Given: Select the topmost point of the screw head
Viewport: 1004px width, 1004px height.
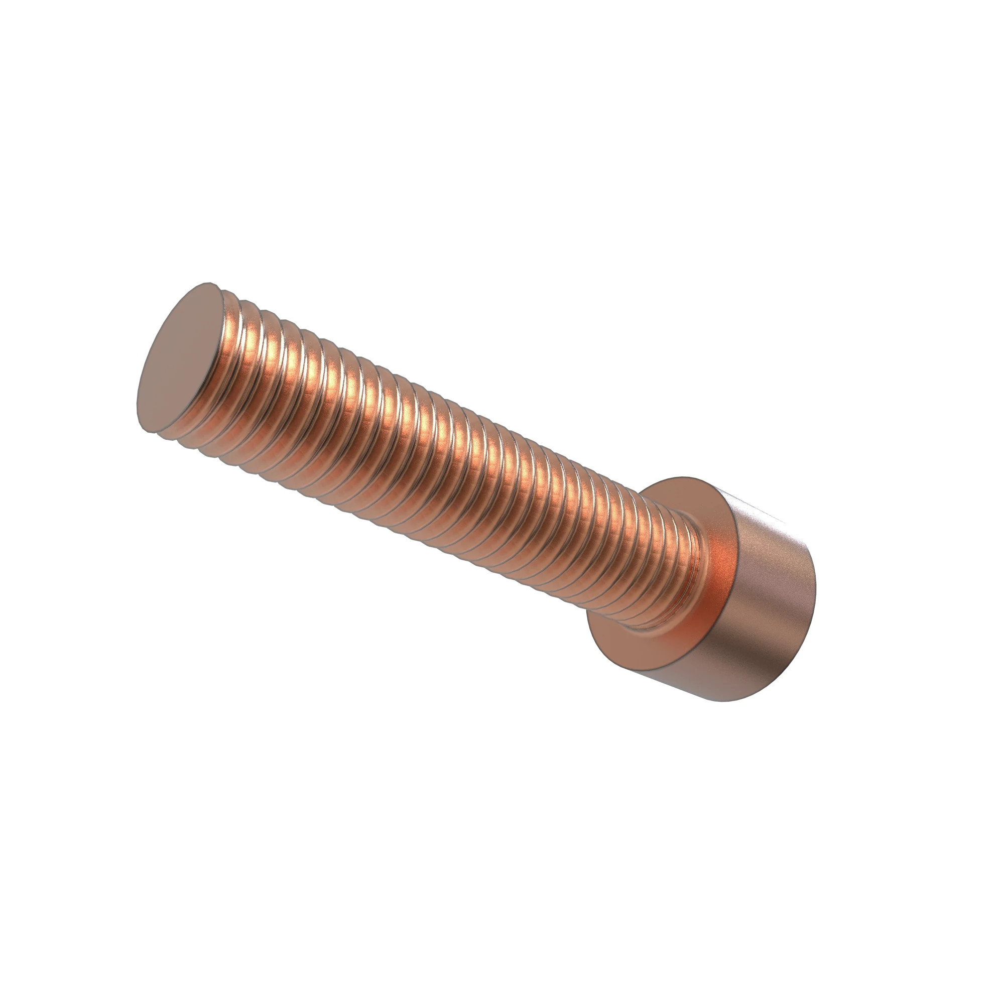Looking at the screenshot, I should [681, 476].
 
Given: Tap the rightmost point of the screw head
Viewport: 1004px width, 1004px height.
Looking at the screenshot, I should [816, 592].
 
